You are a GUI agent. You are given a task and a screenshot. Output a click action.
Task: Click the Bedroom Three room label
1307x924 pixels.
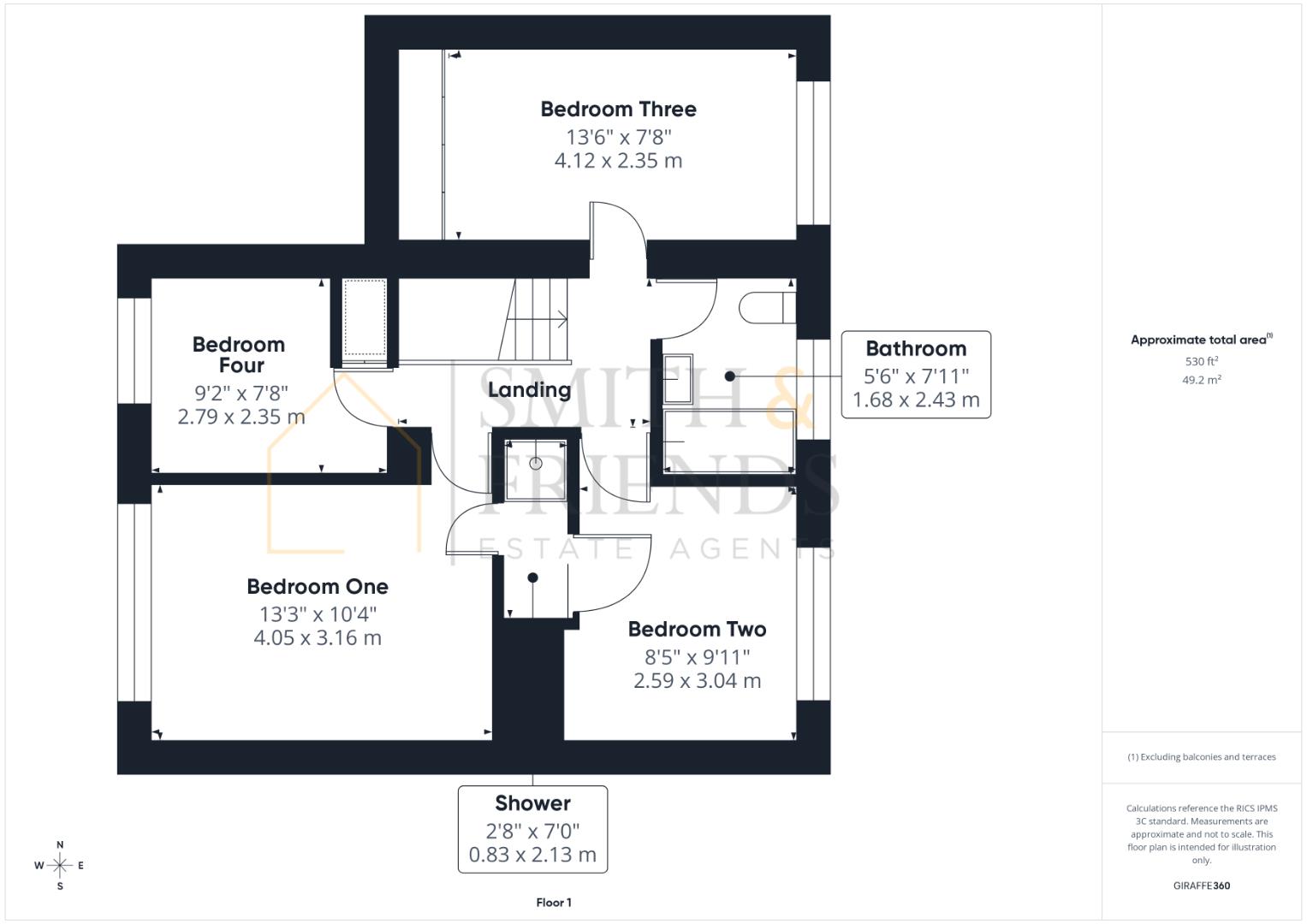[x=618, y=110]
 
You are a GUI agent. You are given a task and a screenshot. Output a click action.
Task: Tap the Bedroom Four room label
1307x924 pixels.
[x=239, y=354]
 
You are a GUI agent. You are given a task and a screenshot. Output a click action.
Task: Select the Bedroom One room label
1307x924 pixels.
[x=318, y=587]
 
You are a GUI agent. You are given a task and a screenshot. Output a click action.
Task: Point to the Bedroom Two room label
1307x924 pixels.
[x=697, y=630]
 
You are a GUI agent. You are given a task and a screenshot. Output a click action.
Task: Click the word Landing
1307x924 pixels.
[x=529, y=390]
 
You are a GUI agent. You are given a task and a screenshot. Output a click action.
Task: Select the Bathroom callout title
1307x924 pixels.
[x=916, y=349]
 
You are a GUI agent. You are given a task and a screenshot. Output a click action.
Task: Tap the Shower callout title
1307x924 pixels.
[x=532, y=803]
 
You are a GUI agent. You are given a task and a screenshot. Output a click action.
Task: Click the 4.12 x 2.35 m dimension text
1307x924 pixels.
[x=618, y=161]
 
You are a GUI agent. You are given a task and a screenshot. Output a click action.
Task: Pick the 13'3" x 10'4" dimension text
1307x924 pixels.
[x=318, y=614]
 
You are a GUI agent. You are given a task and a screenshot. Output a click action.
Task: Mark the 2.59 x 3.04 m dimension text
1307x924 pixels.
[x=697, y=681]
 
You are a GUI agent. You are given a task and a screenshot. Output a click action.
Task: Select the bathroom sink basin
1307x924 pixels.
[x=679, y=378]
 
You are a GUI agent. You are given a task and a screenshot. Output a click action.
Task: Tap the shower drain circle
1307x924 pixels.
[x=536, y=464]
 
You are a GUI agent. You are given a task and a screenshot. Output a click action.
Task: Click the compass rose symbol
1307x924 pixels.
[x=60, y=866]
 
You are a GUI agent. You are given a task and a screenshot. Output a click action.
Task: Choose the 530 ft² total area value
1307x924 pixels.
[x=1202, y=362]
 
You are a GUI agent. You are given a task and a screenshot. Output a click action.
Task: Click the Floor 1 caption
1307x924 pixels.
[x=554, y=903]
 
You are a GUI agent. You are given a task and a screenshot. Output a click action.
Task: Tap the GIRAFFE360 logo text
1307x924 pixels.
[x=1202, y=885]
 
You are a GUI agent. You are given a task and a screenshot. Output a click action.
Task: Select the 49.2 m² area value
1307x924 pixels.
[x=1202, y=380]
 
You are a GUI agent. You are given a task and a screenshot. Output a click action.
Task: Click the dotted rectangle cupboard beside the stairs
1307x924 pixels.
[x=365, y=317]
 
